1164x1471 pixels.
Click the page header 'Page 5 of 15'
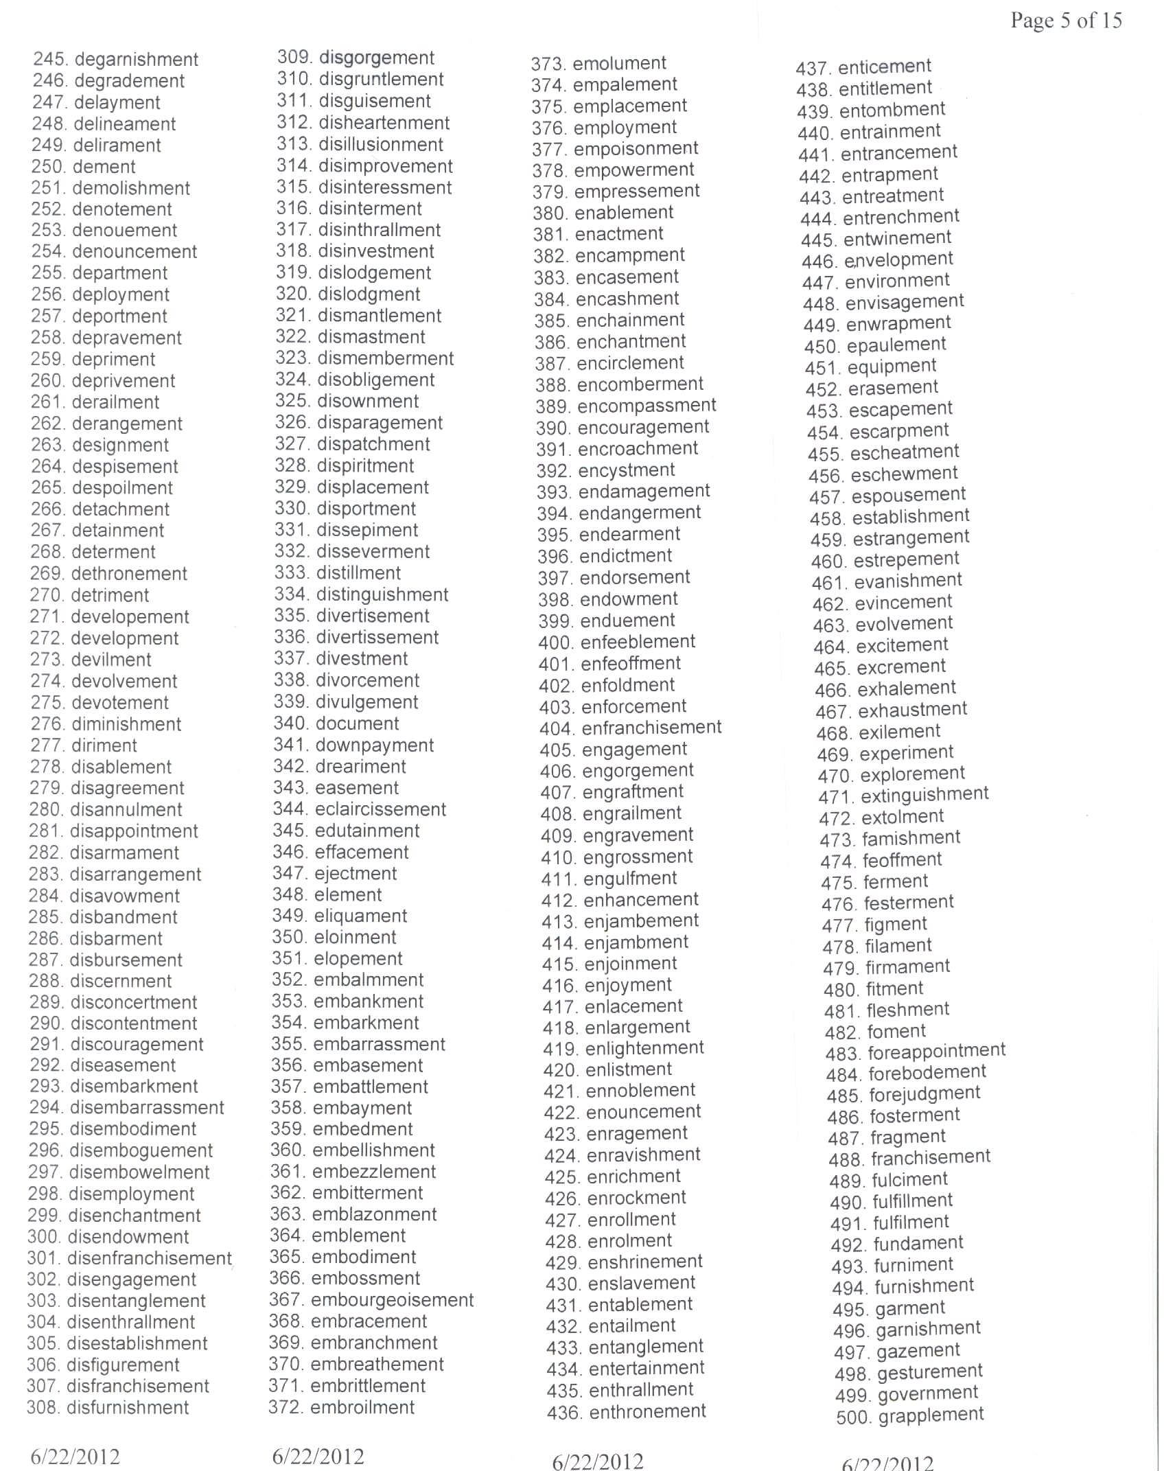click(x=1066, y=21)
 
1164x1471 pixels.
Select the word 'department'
click(x=129, y=273)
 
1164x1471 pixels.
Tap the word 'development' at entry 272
click(x=135, y=638)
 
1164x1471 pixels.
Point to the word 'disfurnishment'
click(x=128, y=1407)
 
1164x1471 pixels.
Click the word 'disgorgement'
click(x=377, y=58)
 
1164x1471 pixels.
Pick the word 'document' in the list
click(x=357, y=723)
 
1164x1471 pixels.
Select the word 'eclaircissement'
click(x=380, y=809)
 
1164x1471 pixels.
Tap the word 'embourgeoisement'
click(x=392, y=1300)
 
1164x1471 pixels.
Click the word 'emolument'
click(x=619, y=63)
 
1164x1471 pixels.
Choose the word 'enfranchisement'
click(x=651, y=728)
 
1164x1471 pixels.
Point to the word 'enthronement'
click(x=647, y=1412)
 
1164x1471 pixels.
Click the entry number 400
click(x=555, y=643)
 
